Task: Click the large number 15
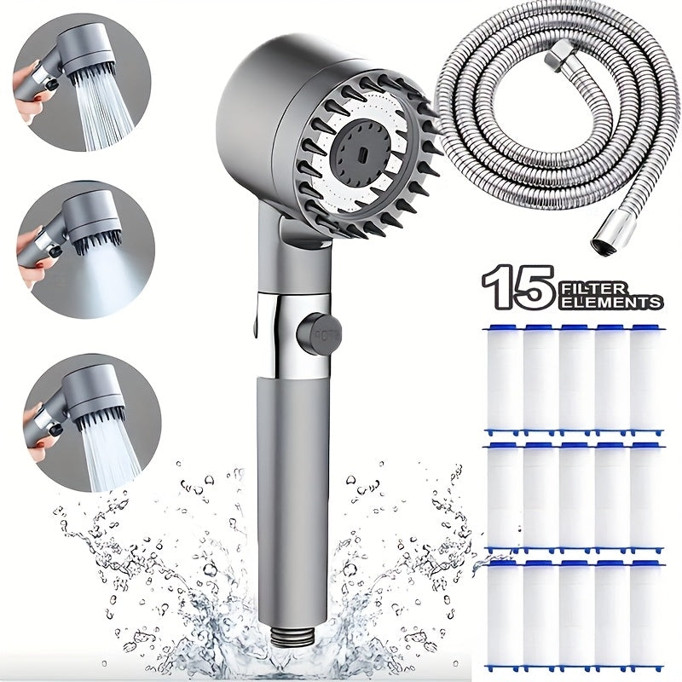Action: [x=517, y=287]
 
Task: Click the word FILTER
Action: [x=593, y=288]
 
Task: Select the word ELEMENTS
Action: [x=610, y=302]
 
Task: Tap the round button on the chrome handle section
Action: [x=320, y=334]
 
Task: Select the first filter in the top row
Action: [x=503, y=379]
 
